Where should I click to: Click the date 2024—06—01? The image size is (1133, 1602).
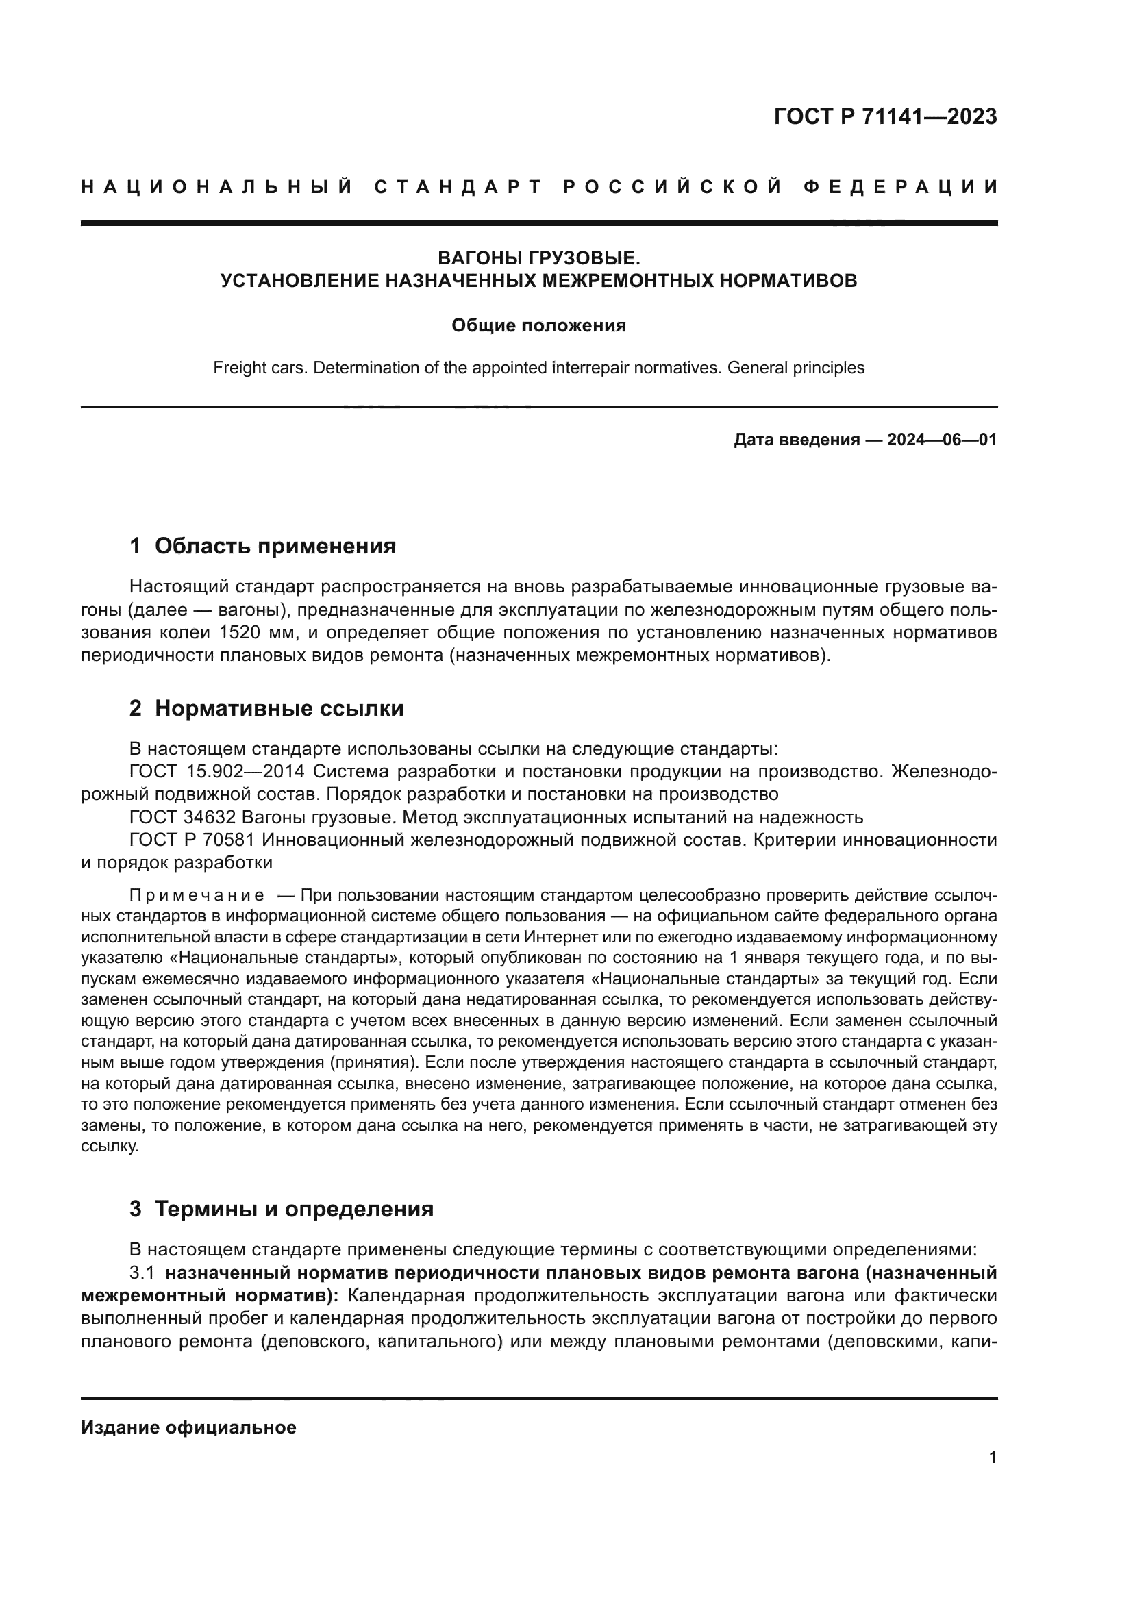click(x=941, y=440)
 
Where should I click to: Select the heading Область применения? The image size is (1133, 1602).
click(x=275, y=546)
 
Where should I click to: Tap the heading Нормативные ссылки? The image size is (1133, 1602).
click(x=278, y=708)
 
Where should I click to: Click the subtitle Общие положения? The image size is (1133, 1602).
click(x=538, y=326)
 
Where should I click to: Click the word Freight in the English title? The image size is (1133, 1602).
click(x=237, y=368)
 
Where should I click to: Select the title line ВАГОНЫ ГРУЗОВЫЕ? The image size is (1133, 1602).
click(x=538, y=258)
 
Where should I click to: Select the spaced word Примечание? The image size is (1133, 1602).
click(x=197, y=895)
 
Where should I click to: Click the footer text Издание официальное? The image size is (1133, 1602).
click(x=188, y=1427)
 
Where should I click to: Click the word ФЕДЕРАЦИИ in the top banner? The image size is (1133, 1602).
click(x=900, y=187)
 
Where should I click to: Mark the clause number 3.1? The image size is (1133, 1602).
click(x=142, y=1273)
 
